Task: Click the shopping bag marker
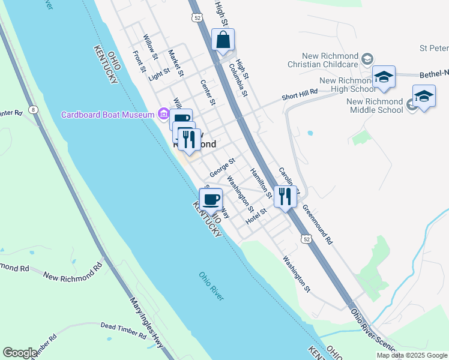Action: tap(223, 41)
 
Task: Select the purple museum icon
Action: tap(163, 114)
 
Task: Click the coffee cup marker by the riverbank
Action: tap(211, 199)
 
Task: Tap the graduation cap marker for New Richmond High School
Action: tap(384, 77)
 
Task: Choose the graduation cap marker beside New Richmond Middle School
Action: tap(424, 97)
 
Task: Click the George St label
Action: tap(222, 168)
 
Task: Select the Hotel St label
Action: tap(255, 217)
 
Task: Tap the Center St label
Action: tap(208, 92)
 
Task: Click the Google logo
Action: tap(20, 353)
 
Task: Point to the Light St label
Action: tap(159, 74)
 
